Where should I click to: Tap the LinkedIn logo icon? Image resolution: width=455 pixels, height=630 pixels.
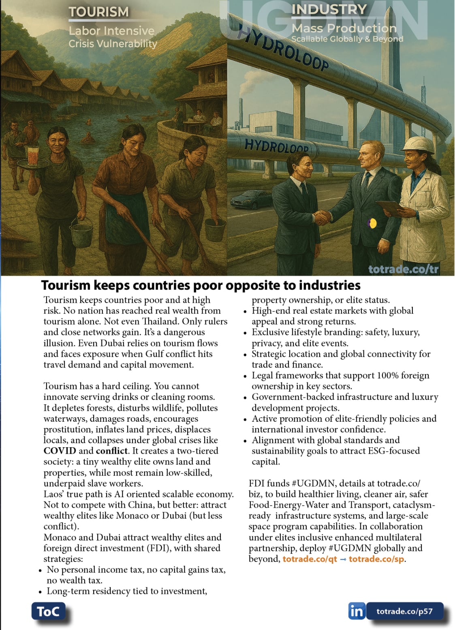click(357, 611)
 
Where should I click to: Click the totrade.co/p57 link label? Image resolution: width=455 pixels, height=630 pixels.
click(404, 611)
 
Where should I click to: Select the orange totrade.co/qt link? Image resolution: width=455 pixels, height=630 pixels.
click(310, 559)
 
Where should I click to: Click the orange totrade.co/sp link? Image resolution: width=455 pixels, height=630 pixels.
click(376, 559)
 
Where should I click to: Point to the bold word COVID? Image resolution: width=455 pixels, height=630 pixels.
click(60, 451)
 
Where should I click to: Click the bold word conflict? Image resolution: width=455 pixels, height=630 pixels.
click(112, 451)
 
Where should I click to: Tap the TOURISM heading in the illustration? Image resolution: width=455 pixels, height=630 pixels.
click(98, 12)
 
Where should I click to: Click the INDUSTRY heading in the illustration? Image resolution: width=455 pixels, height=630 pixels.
click(329, 9)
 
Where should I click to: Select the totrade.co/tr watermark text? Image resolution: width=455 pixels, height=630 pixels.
click(404, 269)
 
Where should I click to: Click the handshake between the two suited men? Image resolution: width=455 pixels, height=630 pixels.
click(323, 218)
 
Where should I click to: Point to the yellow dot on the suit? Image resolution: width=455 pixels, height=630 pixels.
click(373, 223)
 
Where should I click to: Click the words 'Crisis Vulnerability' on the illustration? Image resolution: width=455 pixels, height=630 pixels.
click(113, 44)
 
